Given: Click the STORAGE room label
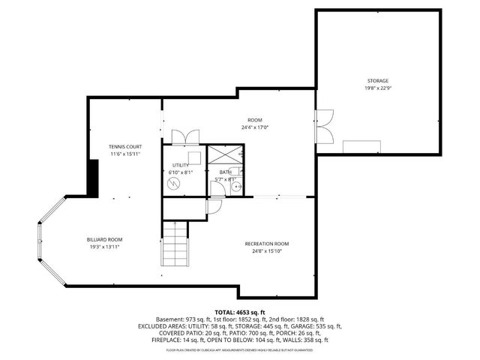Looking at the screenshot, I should click(377, 80).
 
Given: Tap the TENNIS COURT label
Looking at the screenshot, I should click(125, 146).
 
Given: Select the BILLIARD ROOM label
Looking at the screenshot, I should click(103, 239).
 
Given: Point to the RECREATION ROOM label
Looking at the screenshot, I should click(266, 244).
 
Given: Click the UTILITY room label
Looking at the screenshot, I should click(181, 165).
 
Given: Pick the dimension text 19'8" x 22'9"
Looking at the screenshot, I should click(377, 88).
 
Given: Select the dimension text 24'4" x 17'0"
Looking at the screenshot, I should click(256, 127).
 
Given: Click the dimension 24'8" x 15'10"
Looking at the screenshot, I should click(266, 251).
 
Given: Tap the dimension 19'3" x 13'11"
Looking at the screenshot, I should click(103, 247).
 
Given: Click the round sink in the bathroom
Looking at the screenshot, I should click(236, 187).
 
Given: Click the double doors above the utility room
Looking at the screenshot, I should click(184, 136).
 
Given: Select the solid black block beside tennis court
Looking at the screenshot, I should click(94, 177).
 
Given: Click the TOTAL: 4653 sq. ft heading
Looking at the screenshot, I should click(240, 312).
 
